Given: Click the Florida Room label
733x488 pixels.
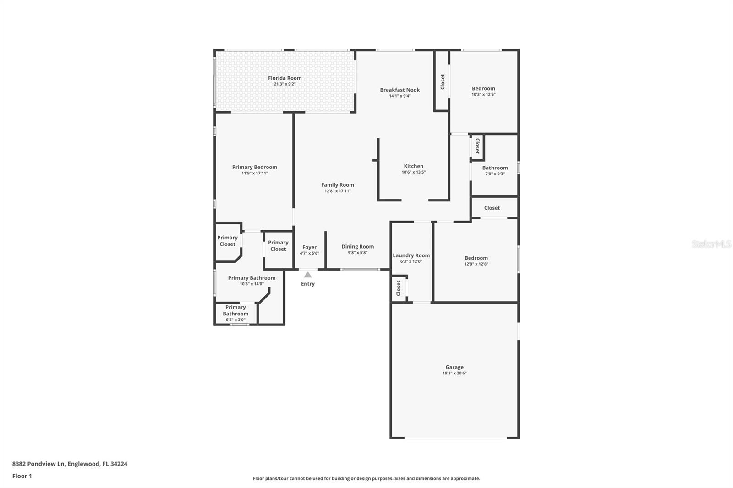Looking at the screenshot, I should tap(284, 78).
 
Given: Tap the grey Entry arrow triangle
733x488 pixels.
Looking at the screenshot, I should tap(308, 275).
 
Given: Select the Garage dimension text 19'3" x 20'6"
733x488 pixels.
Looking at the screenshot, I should tap(454, 373).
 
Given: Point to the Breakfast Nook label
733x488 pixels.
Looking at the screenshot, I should tap(399, 90).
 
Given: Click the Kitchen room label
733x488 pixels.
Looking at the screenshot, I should tap(413, 166).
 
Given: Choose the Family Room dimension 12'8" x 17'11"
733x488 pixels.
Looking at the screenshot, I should tap(338, 191).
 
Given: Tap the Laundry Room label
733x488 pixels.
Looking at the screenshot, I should tap(411, 255).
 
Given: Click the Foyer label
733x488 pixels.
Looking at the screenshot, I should tap(309, 247).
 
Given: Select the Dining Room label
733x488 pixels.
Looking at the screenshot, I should tap(357, 247).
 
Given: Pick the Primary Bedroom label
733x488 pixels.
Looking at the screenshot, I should tap(254, 167).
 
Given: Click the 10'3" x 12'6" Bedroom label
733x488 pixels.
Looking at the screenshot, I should tap(483, 89).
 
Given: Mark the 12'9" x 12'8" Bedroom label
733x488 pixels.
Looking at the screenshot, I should tap(476, 258).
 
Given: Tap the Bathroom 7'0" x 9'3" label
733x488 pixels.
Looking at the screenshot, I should tap(495, 168).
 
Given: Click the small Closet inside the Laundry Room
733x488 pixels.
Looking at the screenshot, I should tap(399, 288).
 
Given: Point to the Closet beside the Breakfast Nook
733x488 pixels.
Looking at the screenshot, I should tap(443, 82).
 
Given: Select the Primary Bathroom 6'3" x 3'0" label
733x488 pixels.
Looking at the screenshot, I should tap(235, 314).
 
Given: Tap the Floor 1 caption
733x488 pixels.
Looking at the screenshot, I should tap(22, 476).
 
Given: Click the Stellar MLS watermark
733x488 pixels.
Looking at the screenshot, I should tap(711, 244).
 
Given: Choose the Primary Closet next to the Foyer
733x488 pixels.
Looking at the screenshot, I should tap(278, 246).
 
